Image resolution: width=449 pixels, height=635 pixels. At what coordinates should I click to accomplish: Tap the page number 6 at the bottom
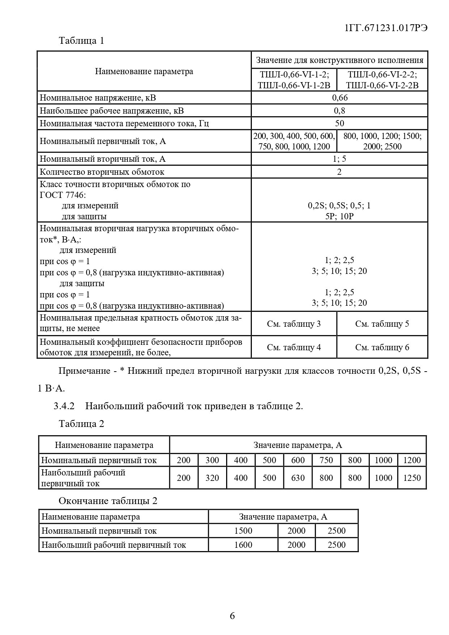coord(232,615)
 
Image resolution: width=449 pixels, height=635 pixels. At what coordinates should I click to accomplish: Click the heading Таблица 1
coord(81,41)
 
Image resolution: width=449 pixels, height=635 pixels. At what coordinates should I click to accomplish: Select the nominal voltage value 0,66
coord(339,98)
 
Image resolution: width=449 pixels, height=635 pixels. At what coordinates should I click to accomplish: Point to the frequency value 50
coord(339,123)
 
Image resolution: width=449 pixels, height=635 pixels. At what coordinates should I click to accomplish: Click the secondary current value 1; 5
coord(339,159)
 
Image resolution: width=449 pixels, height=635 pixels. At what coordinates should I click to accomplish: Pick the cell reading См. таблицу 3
coord(294,324)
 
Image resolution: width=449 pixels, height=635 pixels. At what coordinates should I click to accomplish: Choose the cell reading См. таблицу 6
coord(382,347)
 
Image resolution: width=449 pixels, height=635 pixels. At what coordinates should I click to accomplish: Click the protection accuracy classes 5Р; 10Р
coord(339,216)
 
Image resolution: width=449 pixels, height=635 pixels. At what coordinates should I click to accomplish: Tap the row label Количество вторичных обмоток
coord(102,172)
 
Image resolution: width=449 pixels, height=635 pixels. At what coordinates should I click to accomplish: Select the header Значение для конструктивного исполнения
coord(339,60)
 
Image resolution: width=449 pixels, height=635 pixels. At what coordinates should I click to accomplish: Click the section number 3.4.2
coord(64,406)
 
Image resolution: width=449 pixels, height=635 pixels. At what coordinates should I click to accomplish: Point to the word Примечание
coord(84,371)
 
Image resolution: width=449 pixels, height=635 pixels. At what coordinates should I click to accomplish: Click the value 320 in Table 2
coord(212,478)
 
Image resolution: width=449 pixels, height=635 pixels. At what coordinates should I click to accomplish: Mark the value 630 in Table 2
coord(298,478)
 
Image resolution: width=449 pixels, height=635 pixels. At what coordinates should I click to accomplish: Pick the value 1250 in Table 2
coord(412,478)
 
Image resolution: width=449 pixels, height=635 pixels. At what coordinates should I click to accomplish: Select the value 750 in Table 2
coord(326,460)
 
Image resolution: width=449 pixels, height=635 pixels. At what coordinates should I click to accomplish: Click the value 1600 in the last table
coord(243,545)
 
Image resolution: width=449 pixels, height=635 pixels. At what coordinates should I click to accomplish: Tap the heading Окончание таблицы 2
coord(108,501)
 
